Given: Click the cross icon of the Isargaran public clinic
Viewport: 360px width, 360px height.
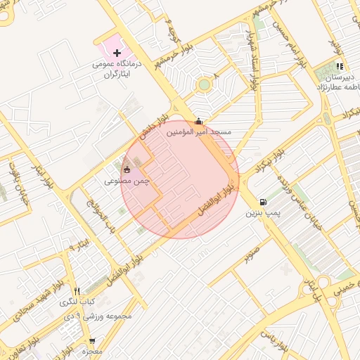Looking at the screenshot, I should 117,53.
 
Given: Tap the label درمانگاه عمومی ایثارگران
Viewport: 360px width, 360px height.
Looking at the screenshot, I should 117,68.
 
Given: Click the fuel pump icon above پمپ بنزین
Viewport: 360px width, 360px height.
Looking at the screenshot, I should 263,200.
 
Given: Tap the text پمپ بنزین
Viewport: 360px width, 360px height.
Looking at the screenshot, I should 263,212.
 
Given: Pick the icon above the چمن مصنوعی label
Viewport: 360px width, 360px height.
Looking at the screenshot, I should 127,169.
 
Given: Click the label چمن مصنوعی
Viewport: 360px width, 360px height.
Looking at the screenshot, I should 122,181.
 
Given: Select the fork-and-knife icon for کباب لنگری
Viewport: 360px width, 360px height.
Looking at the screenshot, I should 77,291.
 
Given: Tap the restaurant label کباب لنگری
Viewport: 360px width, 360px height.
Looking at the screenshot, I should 77,302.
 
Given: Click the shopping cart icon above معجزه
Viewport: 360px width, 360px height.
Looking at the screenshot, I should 92,341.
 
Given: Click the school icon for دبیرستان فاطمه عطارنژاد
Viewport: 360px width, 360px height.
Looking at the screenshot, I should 340,66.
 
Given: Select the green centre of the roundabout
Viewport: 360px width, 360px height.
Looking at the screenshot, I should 204,84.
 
